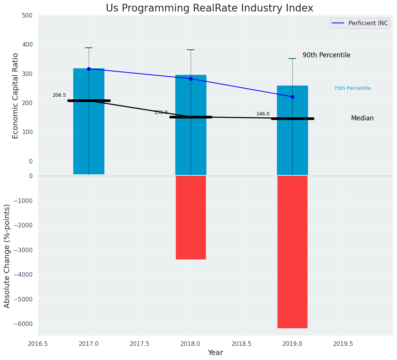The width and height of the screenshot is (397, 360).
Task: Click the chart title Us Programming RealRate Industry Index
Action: [209, 8]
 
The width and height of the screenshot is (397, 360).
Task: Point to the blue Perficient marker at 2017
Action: [89, 69]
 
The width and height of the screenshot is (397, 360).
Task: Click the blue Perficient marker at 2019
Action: [292, 97]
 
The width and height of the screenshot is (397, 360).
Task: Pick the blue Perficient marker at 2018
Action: [191, 79]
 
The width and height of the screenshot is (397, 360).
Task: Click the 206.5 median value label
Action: [59, 95]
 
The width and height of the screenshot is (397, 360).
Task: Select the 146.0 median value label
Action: [263, 114]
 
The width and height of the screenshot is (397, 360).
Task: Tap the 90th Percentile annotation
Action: [326, 55]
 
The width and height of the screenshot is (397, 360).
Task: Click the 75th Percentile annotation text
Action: [352, 88]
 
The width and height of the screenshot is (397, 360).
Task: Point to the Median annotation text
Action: [362, 118]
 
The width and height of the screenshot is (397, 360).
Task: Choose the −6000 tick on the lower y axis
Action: [24, 324]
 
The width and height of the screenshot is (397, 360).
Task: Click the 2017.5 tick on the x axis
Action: [139, 343]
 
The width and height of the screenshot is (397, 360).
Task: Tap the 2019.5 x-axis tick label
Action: [343, 343]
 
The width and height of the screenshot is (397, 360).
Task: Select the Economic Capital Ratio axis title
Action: [16, 96]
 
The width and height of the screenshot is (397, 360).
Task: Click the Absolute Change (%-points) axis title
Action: [7, 256]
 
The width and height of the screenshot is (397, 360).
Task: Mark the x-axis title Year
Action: [216, 353]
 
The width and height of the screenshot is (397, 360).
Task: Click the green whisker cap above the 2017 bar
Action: [89, 48]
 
